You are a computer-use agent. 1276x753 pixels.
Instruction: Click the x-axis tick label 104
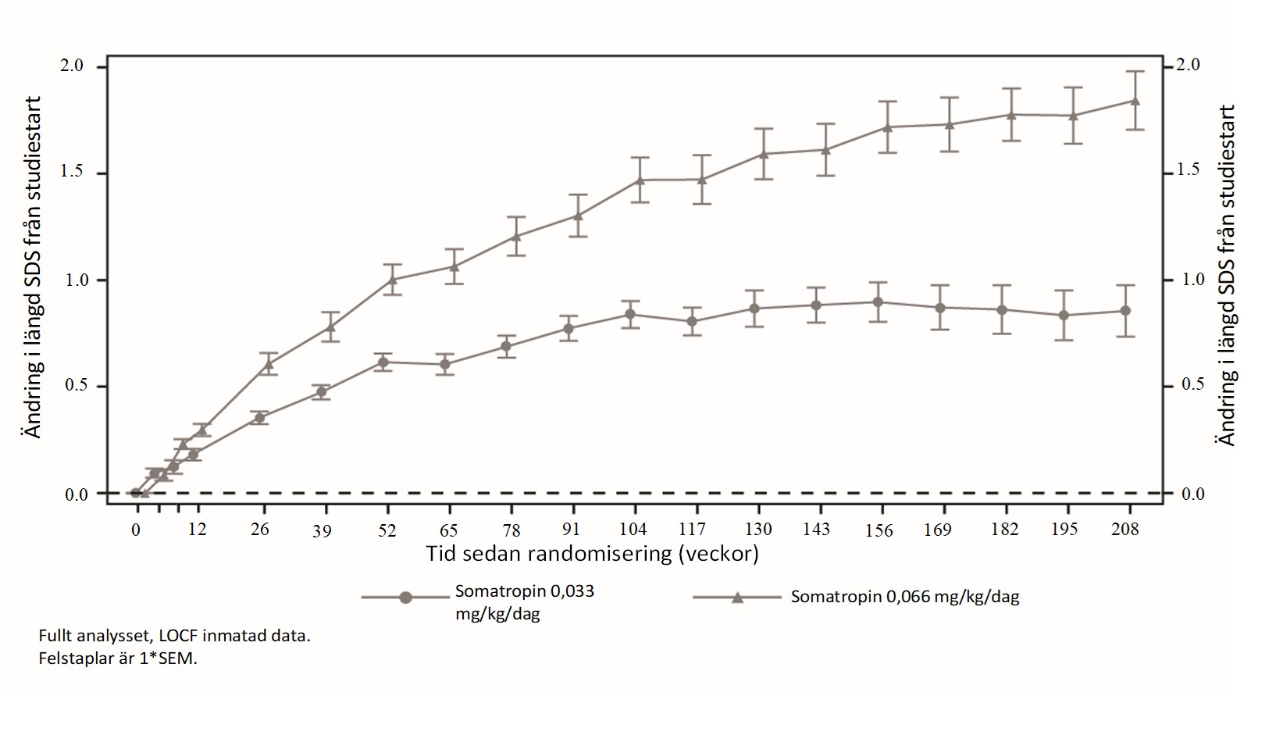[633, 529]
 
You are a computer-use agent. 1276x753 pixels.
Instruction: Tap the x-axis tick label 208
[1125, 529]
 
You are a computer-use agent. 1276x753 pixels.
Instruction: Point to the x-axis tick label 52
[387, 530]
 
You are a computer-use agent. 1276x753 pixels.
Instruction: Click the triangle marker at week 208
[1135, 101]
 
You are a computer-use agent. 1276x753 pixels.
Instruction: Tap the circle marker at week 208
[1125, 311]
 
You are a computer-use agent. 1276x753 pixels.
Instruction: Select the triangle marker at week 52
[393, 279]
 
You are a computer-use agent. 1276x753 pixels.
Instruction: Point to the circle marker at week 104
[630, 314]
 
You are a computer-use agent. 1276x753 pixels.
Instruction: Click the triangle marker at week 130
[764, 154]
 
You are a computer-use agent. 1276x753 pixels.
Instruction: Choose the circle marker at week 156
[878, 302]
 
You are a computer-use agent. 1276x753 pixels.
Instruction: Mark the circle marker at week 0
[136, 493]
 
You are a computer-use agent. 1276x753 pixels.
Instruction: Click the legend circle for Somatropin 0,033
[405, 598]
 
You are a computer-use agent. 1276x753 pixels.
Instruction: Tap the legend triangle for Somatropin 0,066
[737, 597]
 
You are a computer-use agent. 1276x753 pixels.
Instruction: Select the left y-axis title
[33, 267]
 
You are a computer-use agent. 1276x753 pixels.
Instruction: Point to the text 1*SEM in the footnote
[168, 658]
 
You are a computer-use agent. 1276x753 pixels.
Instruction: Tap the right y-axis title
[1226, 275]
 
